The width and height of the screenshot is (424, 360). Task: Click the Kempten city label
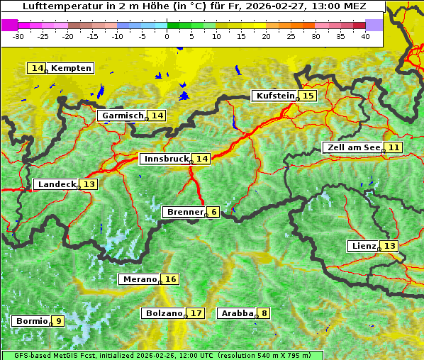click(71, 68)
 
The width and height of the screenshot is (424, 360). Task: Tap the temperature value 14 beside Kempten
click(37, 68)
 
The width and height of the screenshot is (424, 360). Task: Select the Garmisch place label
click(122, 116)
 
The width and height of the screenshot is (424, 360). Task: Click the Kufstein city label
click(274, 96)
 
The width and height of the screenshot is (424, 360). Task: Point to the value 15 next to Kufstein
click(307, 96)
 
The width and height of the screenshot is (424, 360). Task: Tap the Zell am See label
click(352, 147)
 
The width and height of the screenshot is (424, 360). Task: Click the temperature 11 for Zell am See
click(394, 147)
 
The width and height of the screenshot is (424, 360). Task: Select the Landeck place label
click(57, 184)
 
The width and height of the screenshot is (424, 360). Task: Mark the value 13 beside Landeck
click(89, 184)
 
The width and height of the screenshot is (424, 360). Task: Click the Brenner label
click(184, 212)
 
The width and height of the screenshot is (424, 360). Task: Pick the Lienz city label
click(363, 246)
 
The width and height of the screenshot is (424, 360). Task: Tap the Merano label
click(139, 279)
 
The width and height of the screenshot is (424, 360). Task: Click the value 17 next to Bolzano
click(196, 313)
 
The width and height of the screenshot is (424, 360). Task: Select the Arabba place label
click(237, 313)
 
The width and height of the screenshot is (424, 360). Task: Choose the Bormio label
click(30, 321)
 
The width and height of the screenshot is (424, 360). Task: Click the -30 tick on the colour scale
click(19, 35)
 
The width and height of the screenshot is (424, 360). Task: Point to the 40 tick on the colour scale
click(365, 35)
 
